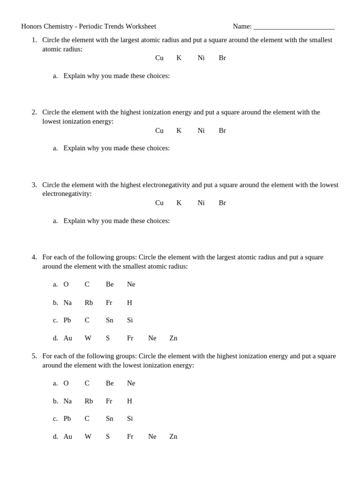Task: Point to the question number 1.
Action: coord(34,40)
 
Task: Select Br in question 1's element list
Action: coord(222,58)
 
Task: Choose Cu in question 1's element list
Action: coord(159,58)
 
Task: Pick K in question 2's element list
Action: coord(179,131)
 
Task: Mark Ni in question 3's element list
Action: coord(201,203)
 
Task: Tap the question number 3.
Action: coord(34,185)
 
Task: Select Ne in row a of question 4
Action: coord(131,285)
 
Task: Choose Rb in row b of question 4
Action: coord(89,303)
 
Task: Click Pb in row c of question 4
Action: coord(67,320)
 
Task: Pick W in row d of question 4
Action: coord(88,338)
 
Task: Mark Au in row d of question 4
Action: coord(68,338)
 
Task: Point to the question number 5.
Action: coord(34,356)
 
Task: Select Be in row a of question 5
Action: coord(110,383)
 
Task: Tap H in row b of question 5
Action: coord(129,401)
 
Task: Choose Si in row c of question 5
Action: coord(130,419)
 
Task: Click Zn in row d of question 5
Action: coord(173,436)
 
